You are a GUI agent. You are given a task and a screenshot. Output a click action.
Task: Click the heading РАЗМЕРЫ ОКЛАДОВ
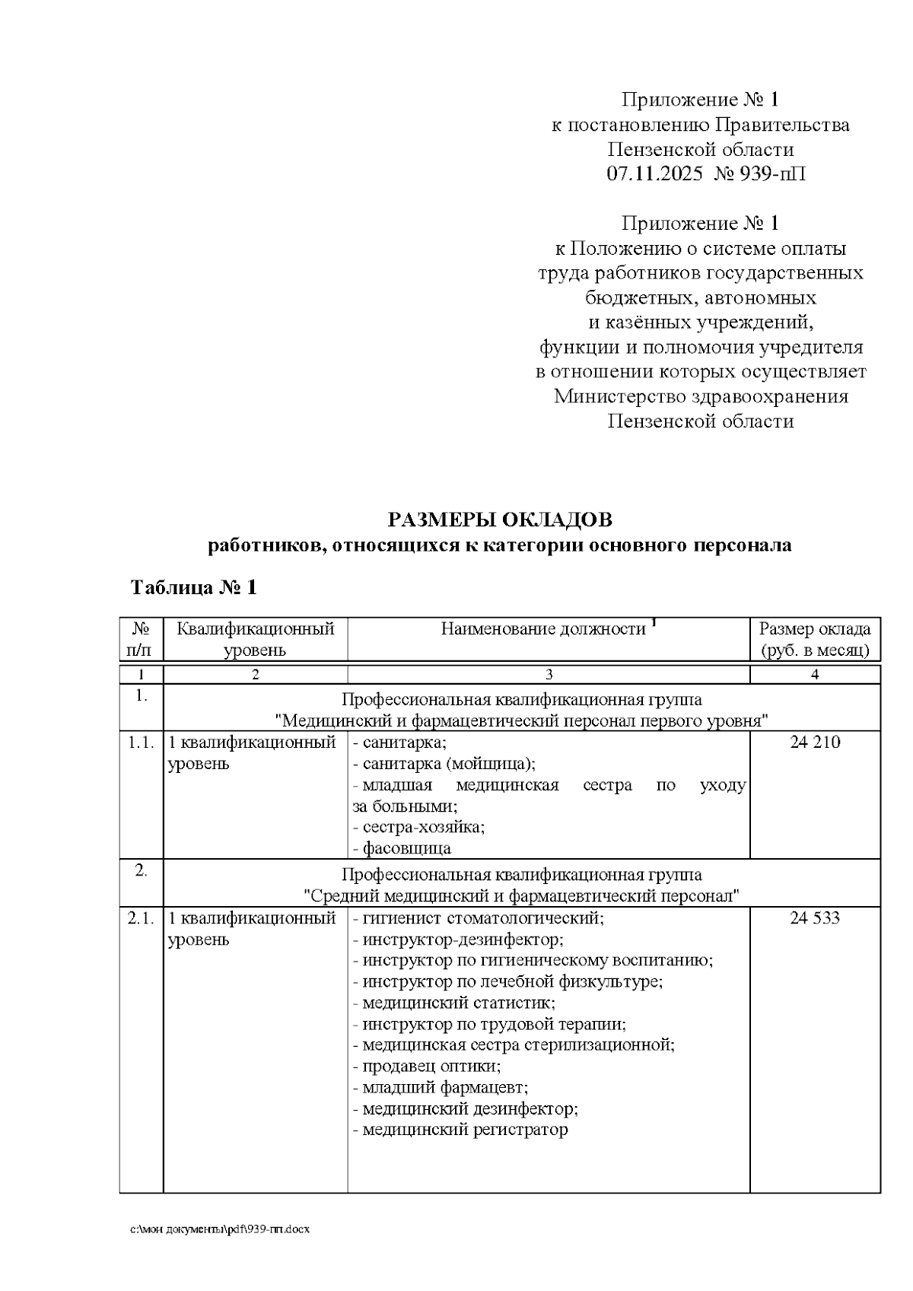(x=499, y=520)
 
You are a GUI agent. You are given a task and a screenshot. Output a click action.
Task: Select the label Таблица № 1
(x=194, y=587)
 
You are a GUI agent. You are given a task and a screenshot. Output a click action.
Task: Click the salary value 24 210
(x=815, y=742)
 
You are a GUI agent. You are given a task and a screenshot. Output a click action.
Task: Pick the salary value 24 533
(x=815, y=918)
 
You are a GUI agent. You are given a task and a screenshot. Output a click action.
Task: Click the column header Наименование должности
(x=543, y=629)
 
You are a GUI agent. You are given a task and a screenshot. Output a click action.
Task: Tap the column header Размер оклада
(x=815, y=629)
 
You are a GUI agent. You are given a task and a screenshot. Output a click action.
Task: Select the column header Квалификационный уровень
(x=255, y=639)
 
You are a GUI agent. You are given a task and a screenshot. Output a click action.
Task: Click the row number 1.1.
(x=142, y=742)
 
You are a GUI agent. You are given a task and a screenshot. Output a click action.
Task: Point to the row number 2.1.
(x=142, y=918)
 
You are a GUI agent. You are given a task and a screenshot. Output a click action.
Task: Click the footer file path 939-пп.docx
(x=221, y=1229)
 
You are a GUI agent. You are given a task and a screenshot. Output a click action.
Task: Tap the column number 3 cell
(x=549, y=675)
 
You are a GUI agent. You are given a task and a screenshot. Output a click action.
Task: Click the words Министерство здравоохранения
(x=701, y=396)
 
